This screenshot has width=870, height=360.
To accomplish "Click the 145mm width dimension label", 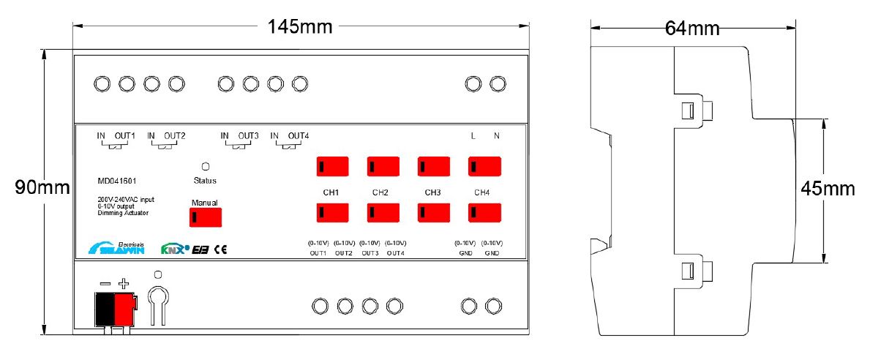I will (300, 27).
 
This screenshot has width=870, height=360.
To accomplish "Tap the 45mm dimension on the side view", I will (828, 189).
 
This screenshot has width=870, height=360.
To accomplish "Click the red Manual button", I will (206, 217).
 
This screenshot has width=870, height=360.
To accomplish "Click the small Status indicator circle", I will (205, 167).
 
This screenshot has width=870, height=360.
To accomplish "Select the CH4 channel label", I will (481, 192).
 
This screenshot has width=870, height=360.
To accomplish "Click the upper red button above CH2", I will (383, 167).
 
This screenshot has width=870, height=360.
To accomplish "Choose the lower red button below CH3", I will (433, 213).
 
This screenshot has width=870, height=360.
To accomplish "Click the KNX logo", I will (175, 249).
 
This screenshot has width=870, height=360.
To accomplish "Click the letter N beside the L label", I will (497, 135).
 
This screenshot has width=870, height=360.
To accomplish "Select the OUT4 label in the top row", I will (299, 135).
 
